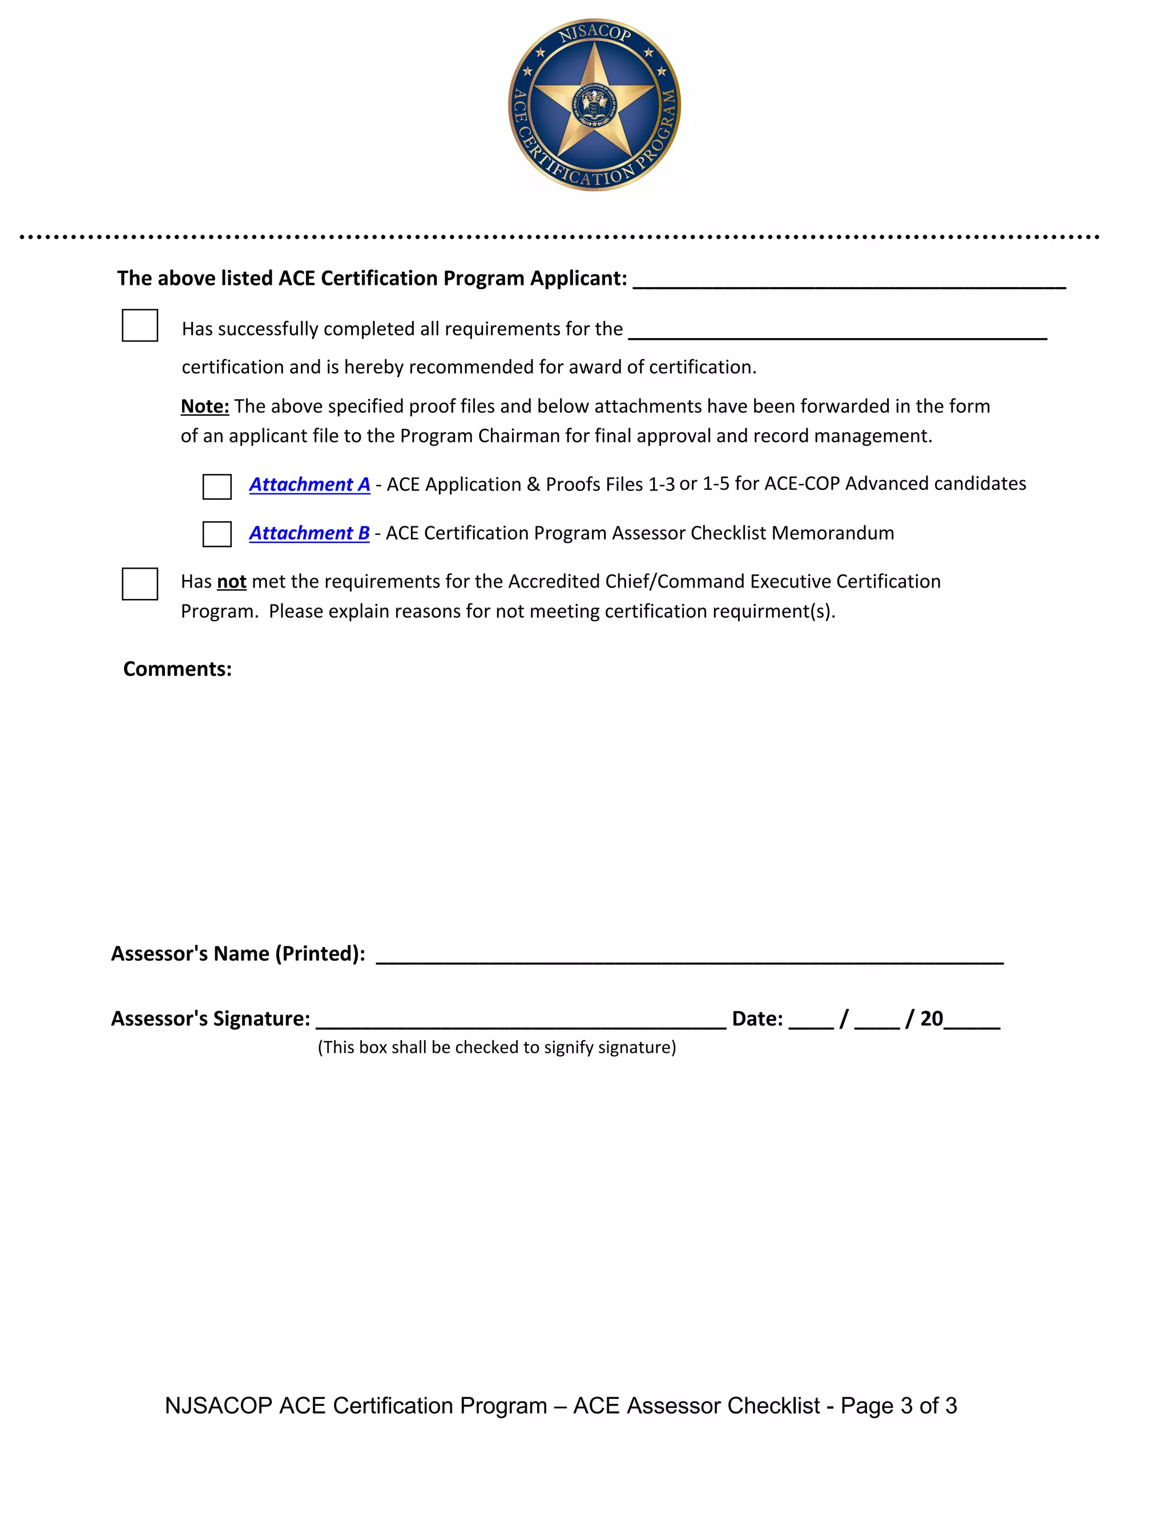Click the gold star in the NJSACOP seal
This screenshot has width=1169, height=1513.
pos(595,104)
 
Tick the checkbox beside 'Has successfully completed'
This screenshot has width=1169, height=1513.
pos(140,325)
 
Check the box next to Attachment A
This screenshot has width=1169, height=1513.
pos(217,486)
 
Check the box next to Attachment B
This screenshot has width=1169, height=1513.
pos(217,534)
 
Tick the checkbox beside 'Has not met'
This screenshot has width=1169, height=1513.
pos(140,584)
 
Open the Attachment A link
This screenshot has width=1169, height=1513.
pos(309,484)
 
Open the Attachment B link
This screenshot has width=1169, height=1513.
pos(309,533)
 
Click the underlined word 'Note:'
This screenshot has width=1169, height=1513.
pos(205,406)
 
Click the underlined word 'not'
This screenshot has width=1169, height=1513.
pos(231,581)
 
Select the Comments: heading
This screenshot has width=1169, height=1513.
pos(178,669)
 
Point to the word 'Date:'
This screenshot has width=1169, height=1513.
pos(757,1019)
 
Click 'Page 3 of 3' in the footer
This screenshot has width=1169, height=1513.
pos(898,1406)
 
